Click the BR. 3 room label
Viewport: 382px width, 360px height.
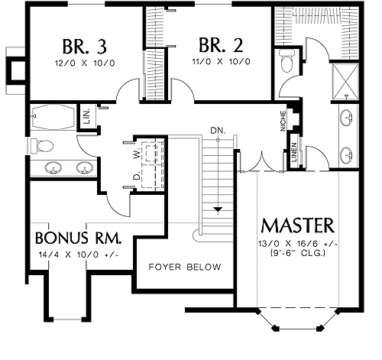pyautogui.click(x=84, y=47)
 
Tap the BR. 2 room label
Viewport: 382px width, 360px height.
pyautogui.click(x=221, y=45)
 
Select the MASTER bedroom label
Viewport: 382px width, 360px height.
pyautogui.click(x=298, y=225)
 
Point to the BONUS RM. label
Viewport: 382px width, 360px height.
pyautogui.click(x=78, y=238)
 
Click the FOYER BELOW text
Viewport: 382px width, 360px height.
pyautogui.click(x=185, y=267)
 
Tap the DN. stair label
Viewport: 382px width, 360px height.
pyautogui.click(x=218, y=131)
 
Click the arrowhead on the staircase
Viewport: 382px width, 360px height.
pyautogui.click(x=218, y=209)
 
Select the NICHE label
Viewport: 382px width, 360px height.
pyautogui.click(x=283, y=121)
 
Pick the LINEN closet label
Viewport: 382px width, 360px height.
pyautogui.click(x=294, y=152)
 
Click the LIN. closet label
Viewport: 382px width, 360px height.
pyautogui.click(x=87, y=116)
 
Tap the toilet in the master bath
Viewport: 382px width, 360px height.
pyautogui.click(x=288, y=61)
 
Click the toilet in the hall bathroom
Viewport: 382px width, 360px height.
pyautogui.click(x=42, y=146)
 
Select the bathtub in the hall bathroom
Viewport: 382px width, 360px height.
pyautogui.click(x=52, y=117)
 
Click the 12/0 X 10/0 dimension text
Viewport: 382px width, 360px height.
pyautogui.click(x=85, y=63)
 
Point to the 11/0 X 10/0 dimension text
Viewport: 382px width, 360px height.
pyautogui.click(x=221, y=62)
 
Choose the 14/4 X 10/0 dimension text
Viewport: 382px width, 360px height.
pyautogui.click(x=78, y=255)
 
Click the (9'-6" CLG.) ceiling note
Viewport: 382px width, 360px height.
pyautogui.click(x=297, y=253)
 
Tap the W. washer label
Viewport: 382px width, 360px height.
pyautogui.click(x=137, y=154)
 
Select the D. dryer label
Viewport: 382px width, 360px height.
pyautogui.click(x=137, y=177)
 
